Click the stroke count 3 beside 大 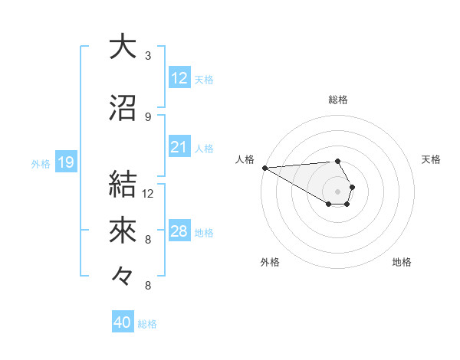point(148,56)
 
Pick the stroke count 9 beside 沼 point(148,117)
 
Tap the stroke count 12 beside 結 point(148,193)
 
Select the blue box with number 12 point(179,78)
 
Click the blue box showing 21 point(179,147)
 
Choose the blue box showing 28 point(179,231)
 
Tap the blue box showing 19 point(65,162)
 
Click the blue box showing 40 point(123,322)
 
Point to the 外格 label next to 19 point(40,163)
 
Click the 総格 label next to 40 point(147,324)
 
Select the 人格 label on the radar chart point(245,159)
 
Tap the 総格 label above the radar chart point(337,100)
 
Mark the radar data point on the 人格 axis point(264,168)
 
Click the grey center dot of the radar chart point(337,191)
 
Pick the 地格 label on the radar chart point(402,262)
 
